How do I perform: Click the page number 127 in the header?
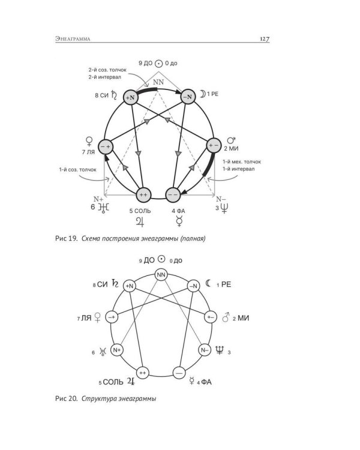coord(265,39)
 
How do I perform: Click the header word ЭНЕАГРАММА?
coord(73,39)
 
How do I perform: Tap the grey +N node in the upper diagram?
coord(131,97)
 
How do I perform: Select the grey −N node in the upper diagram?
coord(188,97)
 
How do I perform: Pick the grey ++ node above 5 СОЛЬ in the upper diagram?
coord(143,195)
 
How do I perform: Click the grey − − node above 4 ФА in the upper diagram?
coord(173,195)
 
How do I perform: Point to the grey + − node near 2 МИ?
coord(214,146)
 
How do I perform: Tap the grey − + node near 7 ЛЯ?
coord(106,147)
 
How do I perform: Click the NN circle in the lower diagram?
coord(161,275)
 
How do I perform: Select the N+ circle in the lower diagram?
coord(117,350)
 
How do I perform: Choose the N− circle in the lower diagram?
coord(205,350)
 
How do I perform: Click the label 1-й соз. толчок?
coord(78,170)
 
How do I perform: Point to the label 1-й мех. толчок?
coord(242,162)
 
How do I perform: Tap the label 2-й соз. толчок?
coord(107,70)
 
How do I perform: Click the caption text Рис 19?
coord(67,238)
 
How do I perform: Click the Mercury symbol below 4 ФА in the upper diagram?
coord(179,221)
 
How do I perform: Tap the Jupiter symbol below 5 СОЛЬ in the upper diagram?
coord(140,221)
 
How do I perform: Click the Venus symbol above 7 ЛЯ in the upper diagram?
coord(89,142)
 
